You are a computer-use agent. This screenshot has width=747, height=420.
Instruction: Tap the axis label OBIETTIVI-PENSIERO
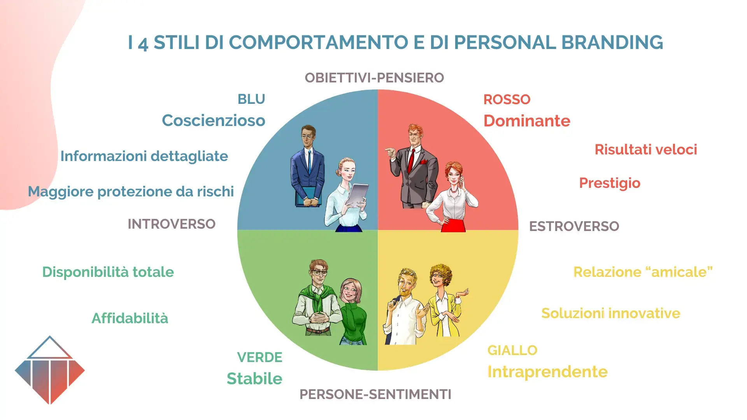click(x=374, y=78)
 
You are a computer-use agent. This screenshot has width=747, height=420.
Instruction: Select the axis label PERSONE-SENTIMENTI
click(x=375, y=394)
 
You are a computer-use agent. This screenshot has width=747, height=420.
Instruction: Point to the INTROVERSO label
click(x=172, y=224)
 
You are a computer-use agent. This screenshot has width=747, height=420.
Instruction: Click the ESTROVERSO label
click(x=574, y=226)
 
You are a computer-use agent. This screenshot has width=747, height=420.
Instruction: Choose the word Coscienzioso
click(x=213, y=121)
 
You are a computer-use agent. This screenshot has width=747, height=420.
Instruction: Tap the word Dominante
click(x=526, y=121)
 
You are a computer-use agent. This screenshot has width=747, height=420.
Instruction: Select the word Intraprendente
click(x=547, y=372)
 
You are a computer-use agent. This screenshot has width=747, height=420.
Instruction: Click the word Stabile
click(x=254, y=379)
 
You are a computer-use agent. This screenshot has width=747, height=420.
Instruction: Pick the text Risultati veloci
click(x=645, y=150)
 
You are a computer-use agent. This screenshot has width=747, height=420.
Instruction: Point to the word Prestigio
click(x=609, y=183)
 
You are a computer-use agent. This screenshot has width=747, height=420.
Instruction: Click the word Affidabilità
click(x=130, y=318)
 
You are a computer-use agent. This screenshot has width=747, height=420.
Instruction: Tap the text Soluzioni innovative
click(x=610, y=313)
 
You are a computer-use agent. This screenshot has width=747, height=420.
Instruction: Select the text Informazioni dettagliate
click(x=144, y=156)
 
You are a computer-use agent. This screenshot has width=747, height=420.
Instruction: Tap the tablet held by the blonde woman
click(x=358, y=194)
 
